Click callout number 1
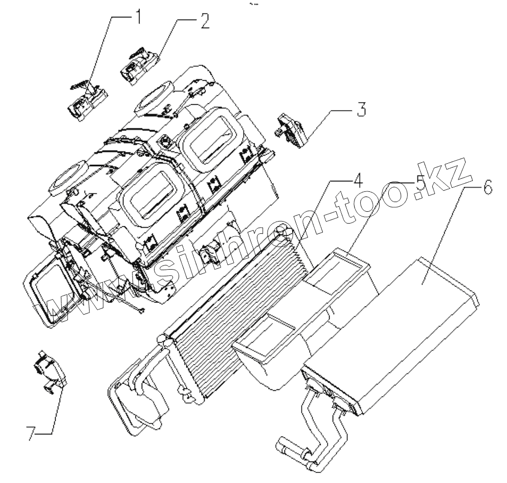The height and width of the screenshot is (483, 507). [137, 18]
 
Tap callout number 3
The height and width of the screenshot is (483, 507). [361, 109]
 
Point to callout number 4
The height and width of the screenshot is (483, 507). [357, 181]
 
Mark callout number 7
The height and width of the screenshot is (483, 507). [31, 433]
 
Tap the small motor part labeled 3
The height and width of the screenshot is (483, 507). [290, 130]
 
